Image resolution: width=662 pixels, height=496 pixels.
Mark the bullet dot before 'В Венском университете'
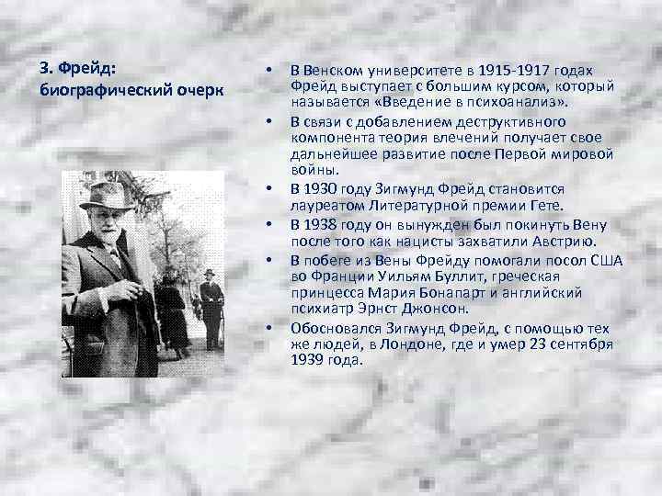(x=267, y=72)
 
